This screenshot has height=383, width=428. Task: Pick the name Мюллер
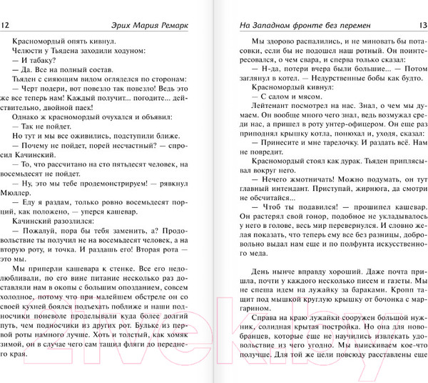pos(19,192)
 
